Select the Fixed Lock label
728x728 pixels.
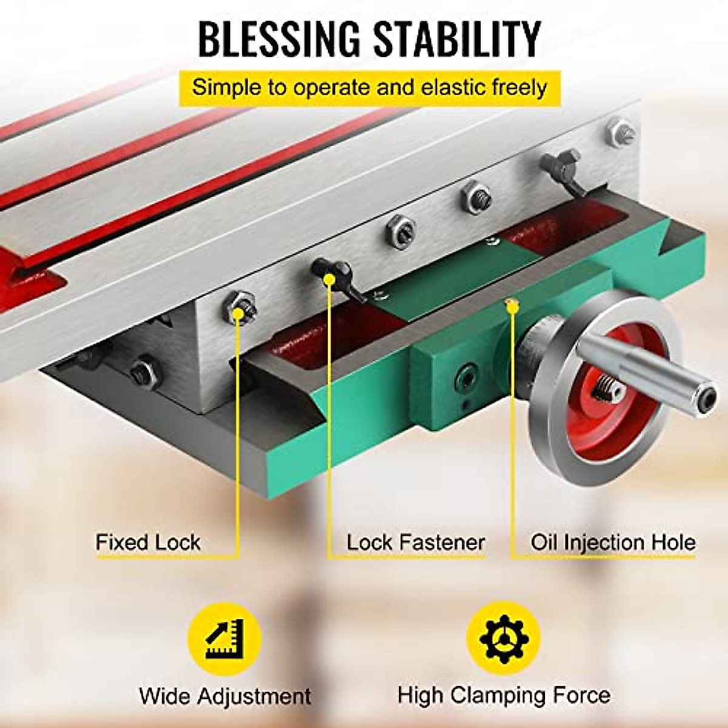[148, 542]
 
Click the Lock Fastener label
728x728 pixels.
[416, 542]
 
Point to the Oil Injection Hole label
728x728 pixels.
[613, 542]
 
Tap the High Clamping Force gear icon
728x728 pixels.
[503, 638]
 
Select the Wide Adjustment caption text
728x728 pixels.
[225, 695]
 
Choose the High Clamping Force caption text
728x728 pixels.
[504, 695]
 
